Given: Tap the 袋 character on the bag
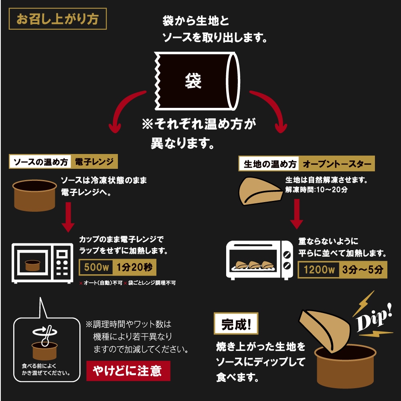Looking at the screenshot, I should tap(193, 81).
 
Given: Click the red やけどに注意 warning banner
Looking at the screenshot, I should tap(128, 371).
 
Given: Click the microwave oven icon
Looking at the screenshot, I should tap(42, 263).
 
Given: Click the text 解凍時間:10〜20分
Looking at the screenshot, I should tap(316, 190).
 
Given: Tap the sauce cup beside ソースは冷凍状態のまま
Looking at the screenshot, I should tap(35, 195).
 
